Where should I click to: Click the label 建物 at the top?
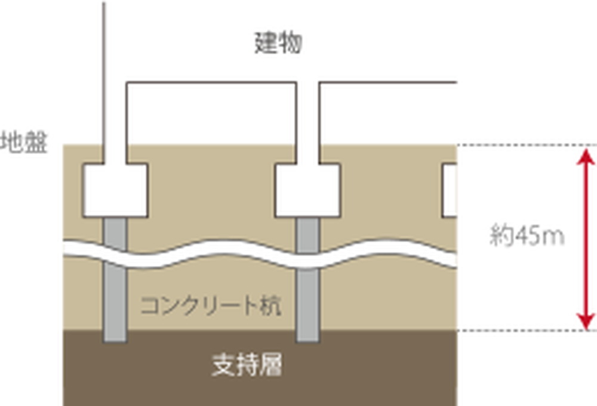(278, 44)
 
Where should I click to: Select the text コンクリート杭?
(210, 306)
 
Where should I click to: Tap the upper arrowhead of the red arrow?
(587, 156)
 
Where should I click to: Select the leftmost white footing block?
(115, 190)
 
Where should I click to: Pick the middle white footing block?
(307, 190)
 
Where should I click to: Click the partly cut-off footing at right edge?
(450, 190)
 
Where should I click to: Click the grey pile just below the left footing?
(115, 230)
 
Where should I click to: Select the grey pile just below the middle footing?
(307, 230)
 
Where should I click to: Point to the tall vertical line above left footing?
(104, 72)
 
